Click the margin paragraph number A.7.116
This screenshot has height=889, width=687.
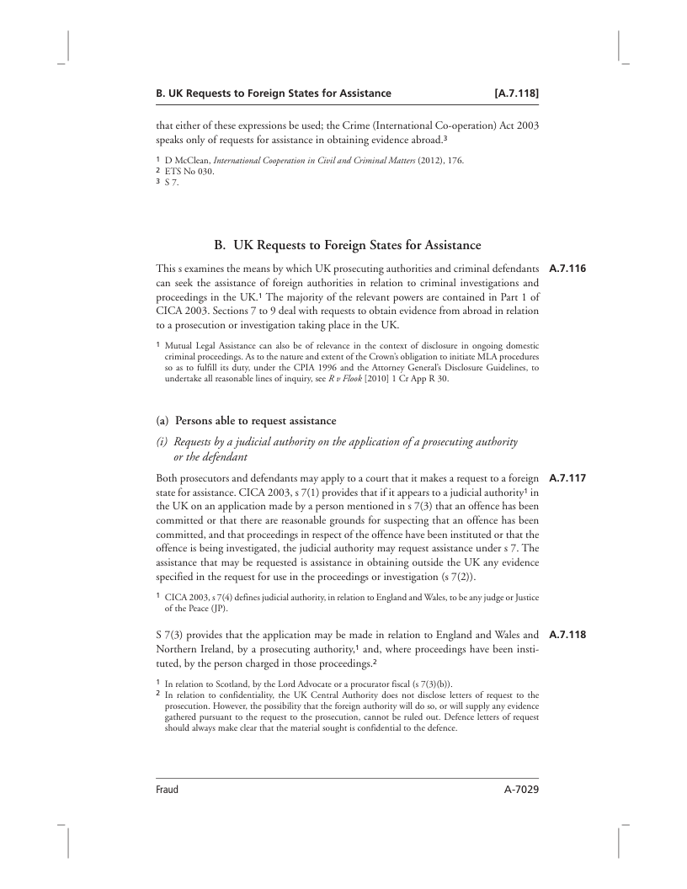pos(566,269)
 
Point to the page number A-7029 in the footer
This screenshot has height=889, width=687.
pos(516,791)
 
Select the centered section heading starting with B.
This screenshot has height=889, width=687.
pos(348,245)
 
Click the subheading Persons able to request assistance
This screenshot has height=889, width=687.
pos(255,420)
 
